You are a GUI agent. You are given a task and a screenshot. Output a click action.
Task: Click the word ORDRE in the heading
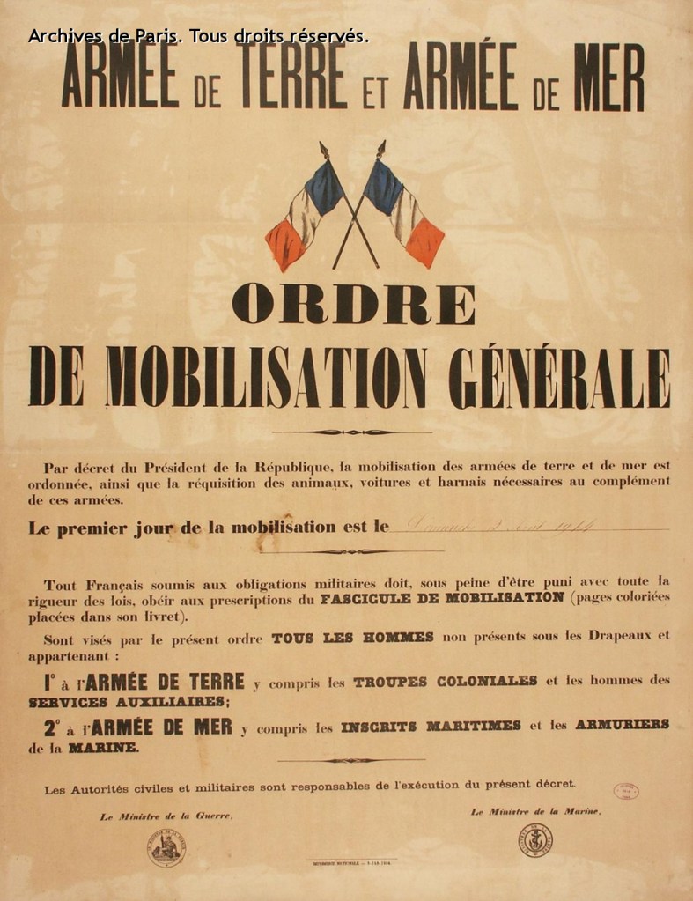coord(353,305)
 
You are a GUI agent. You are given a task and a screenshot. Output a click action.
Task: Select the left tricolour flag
coord(305,211)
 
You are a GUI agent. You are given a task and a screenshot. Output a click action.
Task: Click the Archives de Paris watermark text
coord(198,36)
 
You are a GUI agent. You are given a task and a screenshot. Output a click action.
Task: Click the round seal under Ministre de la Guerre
coord(166,847)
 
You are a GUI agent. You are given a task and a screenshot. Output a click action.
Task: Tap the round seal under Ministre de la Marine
coord(535,840)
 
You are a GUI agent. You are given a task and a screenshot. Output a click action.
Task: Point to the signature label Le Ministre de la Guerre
coord(166,816)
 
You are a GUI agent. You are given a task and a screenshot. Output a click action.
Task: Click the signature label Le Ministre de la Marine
coord(535,811)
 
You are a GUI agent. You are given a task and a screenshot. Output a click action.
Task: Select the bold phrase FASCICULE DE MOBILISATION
coord(442,597)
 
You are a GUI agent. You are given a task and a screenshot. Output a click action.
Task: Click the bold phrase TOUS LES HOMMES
coord(352,638)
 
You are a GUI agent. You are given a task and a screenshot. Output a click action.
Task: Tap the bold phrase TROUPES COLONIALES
coord(445,681)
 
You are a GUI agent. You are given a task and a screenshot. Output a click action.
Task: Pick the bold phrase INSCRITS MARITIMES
coord(431,725)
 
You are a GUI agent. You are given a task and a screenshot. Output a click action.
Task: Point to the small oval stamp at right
coord(626,790)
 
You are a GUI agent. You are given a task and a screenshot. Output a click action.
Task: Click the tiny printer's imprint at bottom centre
coord(351,864)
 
